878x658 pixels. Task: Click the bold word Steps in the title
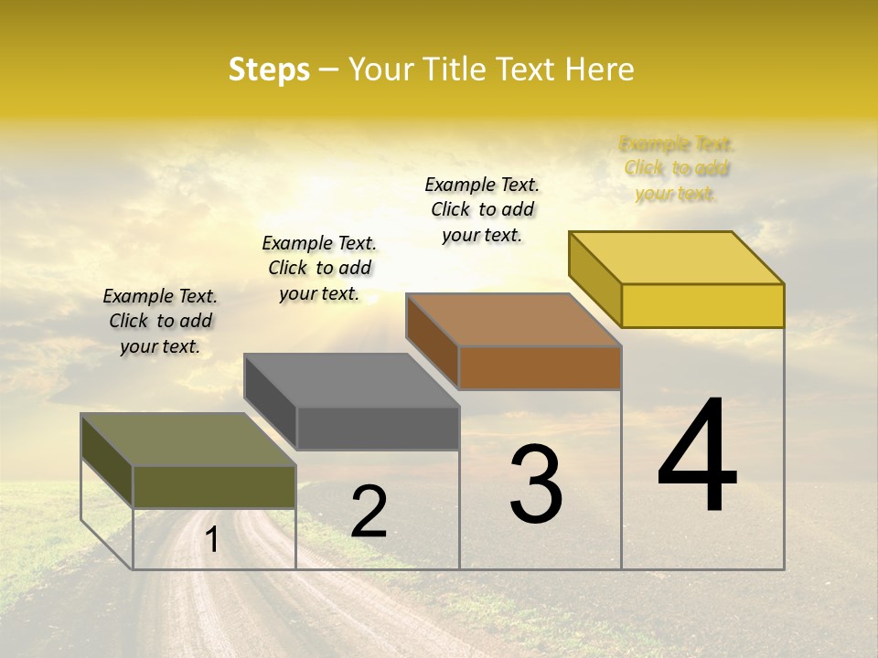coord(269,69)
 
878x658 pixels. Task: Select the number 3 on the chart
coord(536,484)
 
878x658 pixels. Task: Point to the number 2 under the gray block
coord(369,512)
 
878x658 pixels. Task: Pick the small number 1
coord(212,540)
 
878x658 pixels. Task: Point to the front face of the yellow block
coord(702,305)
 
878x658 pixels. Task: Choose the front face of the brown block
coord(540,367)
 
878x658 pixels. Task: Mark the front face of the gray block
coord(378,428)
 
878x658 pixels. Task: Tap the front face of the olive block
coord(215,486)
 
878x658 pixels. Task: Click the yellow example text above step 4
coord(677,169)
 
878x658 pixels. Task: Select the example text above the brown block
coord(482,210)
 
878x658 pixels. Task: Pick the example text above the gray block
coord(319,269)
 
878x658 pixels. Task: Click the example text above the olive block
coord(160,322)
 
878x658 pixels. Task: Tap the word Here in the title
coord(600,69)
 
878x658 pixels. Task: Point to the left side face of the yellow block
coord(594,279)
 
